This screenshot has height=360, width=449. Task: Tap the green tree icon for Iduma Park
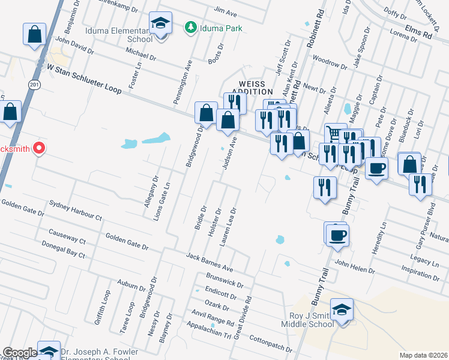tap(191, 27)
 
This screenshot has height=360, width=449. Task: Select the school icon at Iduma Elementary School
tap(160, 24)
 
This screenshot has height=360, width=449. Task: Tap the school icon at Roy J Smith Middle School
tap(342, 310)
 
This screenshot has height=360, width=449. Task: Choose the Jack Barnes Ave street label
tap(209, 262)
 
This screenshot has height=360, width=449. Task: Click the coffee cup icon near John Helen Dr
tap(337, 233)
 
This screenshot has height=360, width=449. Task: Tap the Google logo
tap(20, 353)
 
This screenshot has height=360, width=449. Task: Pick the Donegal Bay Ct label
tap(63, 250)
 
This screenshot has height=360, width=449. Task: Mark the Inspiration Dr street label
tap(421, 271)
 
